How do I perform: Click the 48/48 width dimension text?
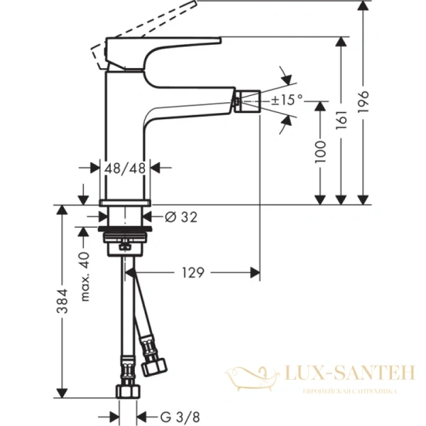pyautogui.click(x=124, y=168)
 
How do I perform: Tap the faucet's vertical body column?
pyautogui.click(x=125, y=135)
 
